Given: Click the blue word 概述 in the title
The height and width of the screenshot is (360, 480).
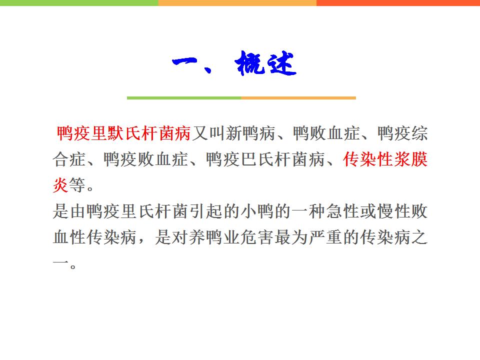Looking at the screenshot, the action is click(265, 63).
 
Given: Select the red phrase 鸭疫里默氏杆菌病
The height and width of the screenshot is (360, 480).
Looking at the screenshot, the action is click(123, 133).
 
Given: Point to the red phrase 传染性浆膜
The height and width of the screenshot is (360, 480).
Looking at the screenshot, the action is click(385, 159).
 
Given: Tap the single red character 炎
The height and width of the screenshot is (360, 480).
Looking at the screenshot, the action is click(60, 185).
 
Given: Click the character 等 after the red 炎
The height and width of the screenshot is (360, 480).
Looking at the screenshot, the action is click(77, 185).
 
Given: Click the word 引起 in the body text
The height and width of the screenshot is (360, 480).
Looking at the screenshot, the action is click(205, 211).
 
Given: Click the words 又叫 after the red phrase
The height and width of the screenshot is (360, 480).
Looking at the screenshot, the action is click(208, 133).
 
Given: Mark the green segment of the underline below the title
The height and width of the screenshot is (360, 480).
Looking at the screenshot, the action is click(184, 98).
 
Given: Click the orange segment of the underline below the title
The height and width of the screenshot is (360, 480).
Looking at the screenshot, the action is click(298, 98).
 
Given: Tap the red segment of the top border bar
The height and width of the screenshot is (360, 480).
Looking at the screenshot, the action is click(398, 3).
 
